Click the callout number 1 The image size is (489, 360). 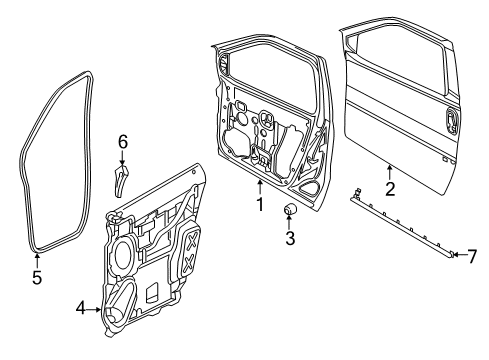(258, 205)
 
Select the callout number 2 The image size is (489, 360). (391, 186)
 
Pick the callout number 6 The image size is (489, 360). (123, 142)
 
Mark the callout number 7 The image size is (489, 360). (472, 256)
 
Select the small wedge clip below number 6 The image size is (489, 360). (122, 179)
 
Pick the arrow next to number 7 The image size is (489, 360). (458, 256)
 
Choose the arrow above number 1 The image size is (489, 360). (258, 187)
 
